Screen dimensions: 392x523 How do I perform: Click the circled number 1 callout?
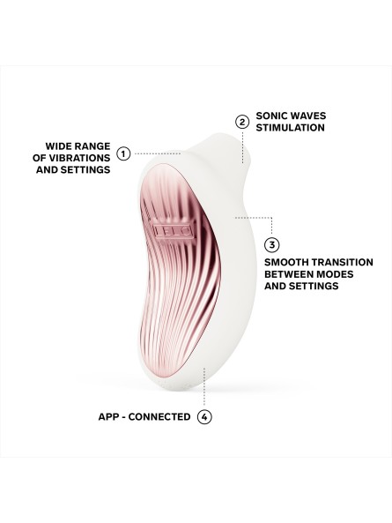[123, 153]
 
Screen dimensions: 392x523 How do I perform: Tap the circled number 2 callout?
[242, 122]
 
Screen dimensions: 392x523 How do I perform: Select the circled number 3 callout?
[272, 245]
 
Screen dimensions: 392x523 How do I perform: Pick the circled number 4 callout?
[204, 416]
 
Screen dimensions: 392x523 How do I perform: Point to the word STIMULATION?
[290, 128]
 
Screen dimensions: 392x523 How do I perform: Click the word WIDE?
[59, 146]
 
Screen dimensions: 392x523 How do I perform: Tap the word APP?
[107, 416]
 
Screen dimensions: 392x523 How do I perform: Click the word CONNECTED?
[159, 416]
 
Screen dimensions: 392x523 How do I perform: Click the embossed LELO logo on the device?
[173, 231]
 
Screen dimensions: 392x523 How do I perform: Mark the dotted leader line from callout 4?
[204, 387]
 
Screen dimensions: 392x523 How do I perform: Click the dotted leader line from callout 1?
[158, 153]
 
